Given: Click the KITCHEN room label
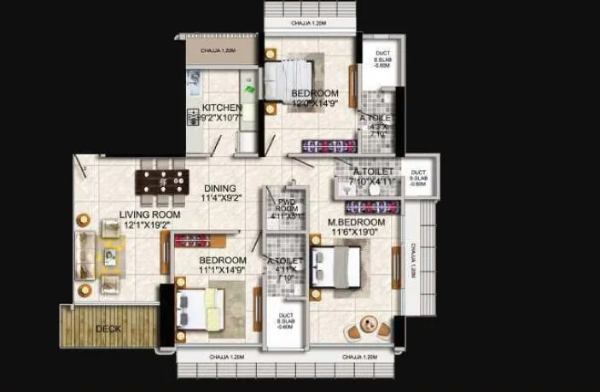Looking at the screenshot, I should coord(221,108).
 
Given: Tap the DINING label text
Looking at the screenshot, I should coord(219,189).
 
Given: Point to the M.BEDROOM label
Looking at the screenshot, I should coord(357,222).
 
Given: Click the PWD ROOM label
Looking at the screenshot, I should coord(286,206).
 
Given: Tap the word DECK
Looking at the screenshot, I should coord(108,328).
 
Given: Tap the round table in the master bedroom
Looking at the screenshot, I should coord(369,325).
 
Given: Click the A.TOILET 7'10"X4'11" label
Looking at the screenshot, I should coord(376,176).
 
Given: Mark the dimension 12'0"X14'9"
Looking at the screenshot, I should coord(315,103).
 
